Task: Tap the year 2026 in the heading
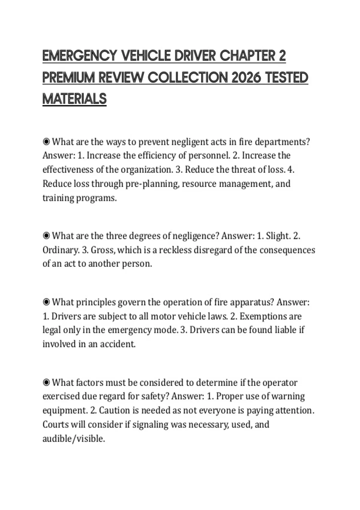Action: tap(247, 77)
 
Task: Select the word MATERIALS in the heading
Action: tap(74, 99)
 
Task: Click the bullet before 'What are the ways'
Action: tap(46, 142)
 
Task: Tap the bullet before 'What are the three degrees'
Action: tap(46, 236)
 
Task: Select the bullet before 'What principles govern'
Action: tap(46, 302)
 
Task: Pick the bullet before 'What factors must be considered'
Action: tap(46, 382)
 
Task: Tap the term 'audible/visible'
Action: tap(73, 439)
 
